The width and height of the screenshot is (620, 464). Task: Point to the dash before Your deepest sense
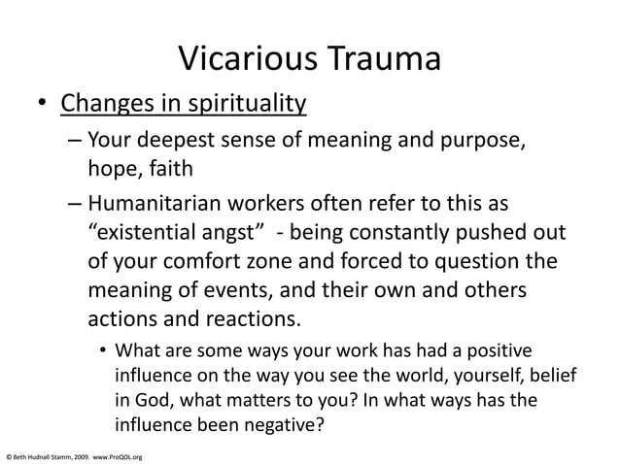pyautogui.click(x=76, y=143)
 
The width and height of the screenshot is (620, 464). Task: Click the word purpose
pyautogui.click(x=487, y=143)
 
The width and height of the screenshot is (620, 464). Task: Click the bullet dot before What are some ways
pyautogui.click(x=100, y=351)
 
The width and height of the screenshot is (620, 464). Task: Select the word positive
pyautogui.click(x=499, y=350)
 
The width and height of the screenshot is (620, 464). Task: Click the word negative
pyautogui.click(x=282, y=422)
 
